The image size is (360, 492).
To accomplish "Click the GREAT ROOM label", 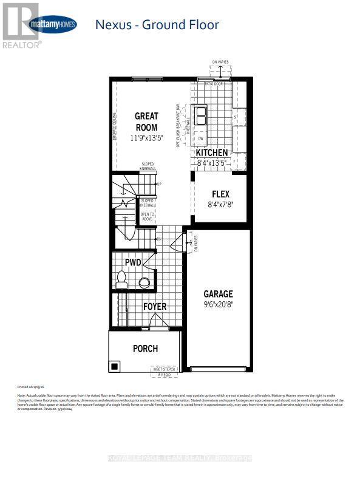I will [146, 121].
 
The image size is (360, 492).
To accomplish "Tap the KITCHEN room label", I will [212, 152].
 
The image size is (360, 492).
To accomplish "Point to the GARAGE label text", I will [219, 294].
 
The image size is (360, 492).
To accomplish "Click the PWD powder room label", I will [133, 262].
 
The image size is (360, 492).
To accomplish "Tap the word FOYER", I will [155, 307].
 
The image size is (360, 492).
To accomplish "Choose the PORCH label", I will [145, 348].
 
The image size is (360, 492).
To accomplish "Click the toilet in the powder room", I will [121, 280].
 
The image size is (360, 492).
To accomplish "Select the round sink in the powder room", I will [144, 282].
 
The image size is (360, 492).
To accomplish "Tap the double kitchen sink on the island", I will [200, 115].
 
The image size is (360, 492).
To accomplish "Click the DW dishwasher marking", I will [200, 138].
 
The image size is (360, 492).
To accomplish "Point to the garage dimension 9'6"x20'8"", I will [219, 307].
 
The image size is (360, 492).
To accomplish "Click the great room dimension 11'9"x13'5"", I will [146, 138].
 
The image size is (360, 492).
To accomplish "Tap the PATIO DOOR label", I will [214, 83].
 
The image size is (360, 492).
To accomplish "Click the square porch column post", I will [114, 366].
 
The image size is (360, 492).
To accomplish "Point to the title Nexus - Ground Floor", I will [157, 25].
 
